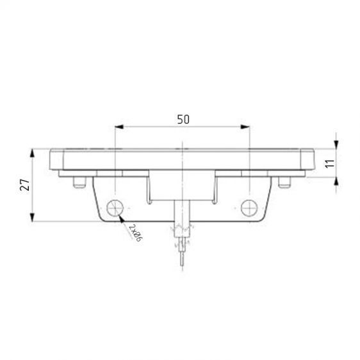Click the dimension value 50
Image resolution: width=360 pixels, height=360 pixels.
(183, 119)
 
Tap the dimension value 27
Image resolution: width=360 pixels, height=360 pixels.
(25, 185)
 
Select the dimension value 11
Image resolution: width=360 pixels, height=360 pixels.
(331, 163)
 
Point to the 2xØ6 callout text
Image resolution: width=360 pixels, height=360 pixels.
(136, 233)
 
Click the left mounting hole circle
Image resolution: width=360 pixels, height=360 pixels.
(115, 208)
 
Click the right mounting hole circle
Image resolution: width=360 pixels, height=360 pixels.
(249, 208)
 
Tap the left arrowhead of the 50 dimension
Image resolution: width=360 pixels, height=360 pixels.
(119, 127)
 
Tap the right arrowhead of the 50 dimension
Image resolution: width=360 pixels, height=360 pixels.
(245, 127)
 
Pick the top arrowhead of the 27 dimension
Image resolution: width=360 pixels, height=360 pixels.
(32, 153)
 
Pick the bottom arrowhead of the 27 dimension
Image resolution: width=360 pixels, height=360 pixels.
(32, 217)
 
